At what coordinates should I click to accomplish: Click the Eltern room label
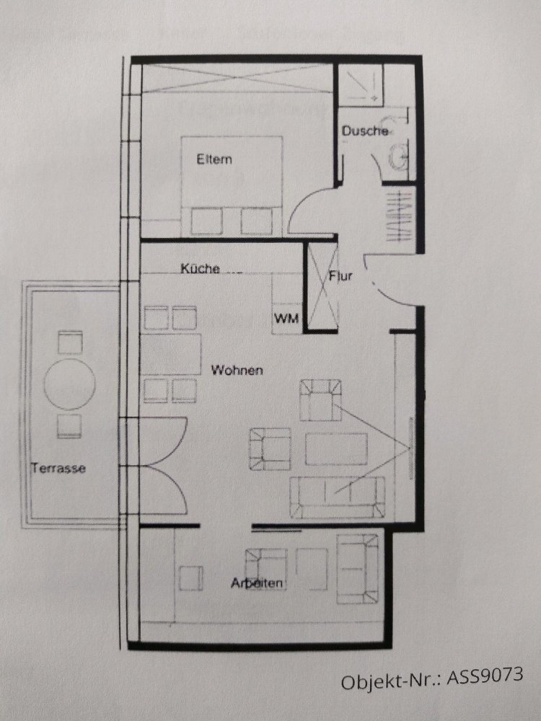214,159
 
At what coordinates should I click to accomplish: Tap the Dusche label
366,131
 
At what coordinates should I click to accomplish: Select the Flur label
340,275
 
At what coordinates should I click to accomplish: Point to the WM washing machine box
286,318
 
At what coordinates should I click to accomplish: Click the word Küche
200,268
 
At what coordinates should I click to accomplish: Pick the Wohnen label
237,371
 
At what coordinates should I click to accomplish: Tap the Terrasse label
58,468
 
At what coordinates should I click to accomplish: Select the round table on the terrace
70,384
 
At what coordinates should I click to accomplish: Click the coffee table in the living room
336,448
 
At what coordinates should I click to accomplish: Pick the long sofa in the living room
337,497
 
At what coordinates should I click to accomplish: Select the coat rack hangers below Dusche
397,216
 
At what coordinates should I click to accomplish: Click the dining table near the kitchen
171,354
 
